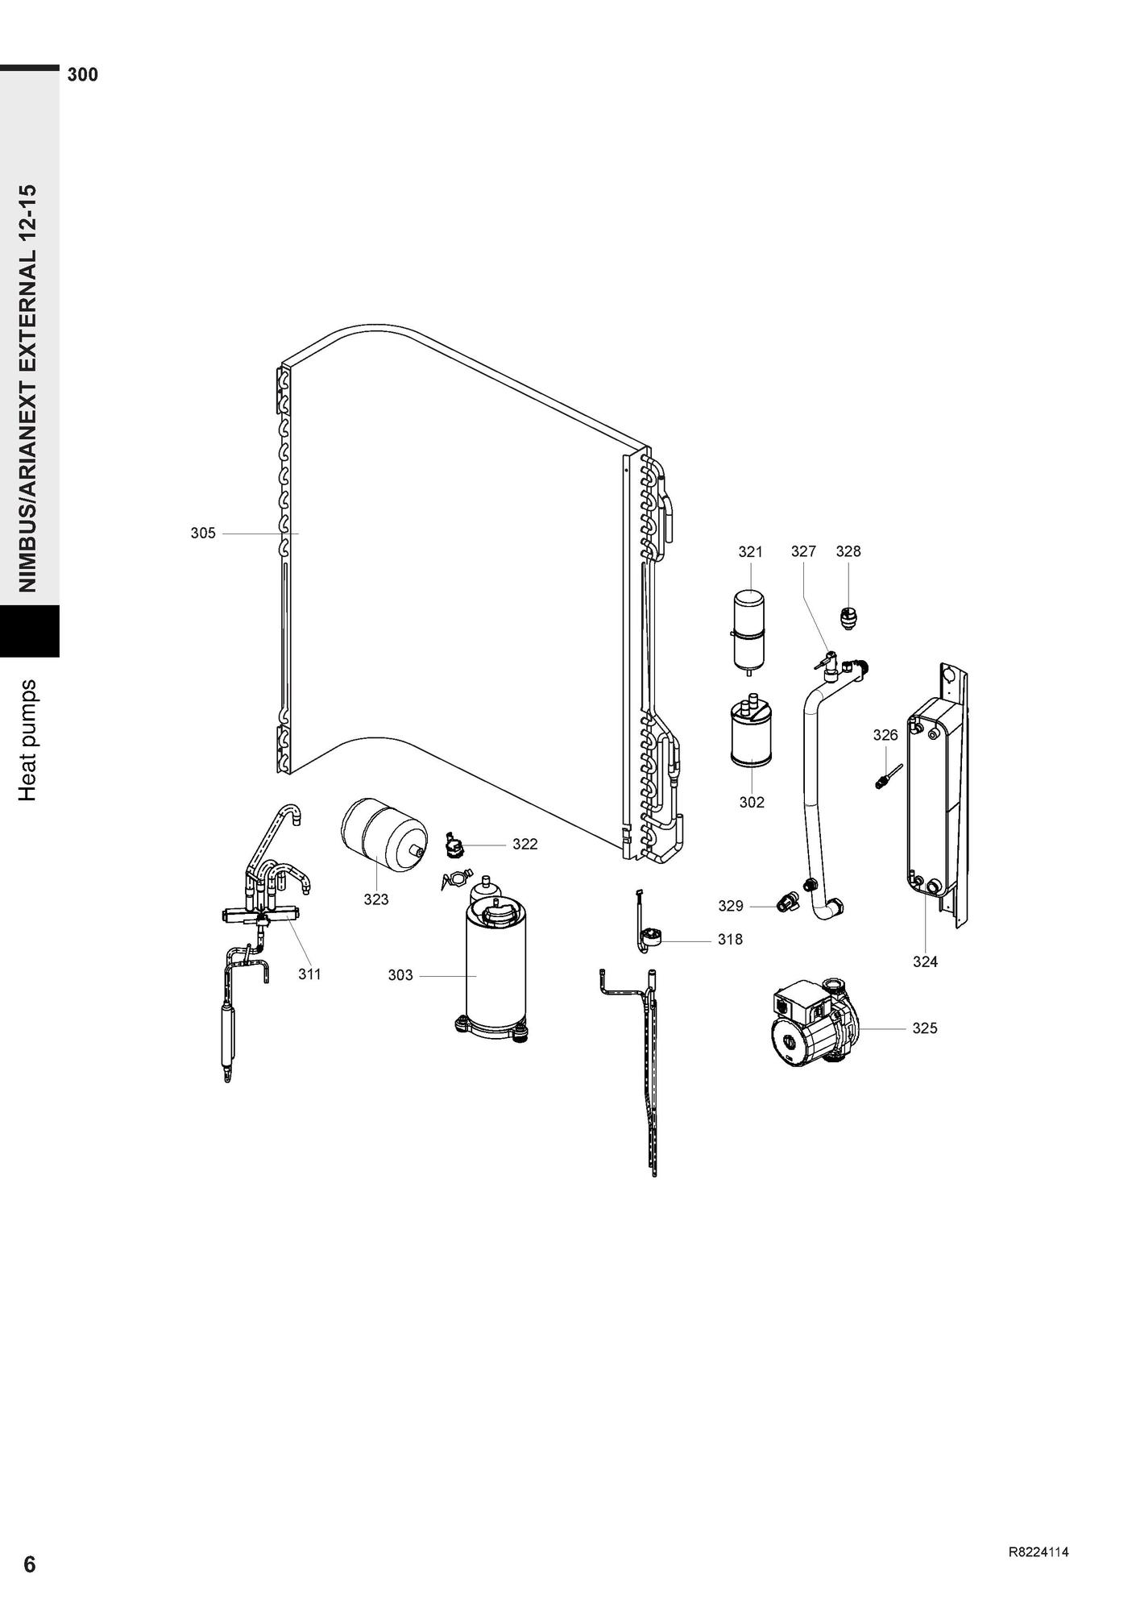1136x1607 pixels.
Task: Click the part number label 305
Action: tap(203, 533)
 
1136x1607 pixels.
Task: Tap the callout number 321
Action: tap(750, 551)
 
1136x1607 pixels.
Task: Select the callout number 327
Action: tap(803, 551)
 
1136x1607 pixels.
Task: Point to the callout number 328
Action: tap(848, 551)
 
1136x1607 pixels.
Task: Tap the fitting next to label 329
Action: tap(786, 902)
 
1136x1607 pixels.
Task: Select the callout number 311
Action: tap(309, 974)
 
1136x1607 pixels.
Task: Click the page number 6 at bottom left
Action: tap(30, 1564)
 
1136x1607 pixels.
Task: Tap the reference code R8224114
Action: tap(1039, 1553)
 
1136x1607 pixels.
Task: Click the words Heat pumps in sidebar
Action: tap(28, 740)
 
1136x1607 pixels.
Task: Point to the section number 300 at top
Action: tap(83, 75)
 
